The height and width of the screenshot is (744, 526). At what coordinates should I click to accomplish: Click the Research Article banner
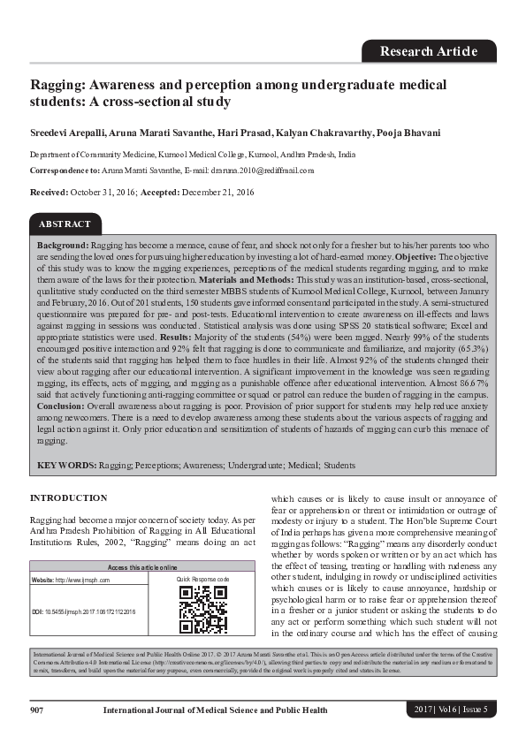point(429,51)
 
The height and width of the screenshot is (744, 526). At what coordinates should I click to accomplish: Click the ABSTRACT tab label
point(65,224)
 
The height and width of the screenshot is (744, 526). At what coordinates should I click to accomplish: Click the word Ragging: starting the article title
point(58,85)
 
